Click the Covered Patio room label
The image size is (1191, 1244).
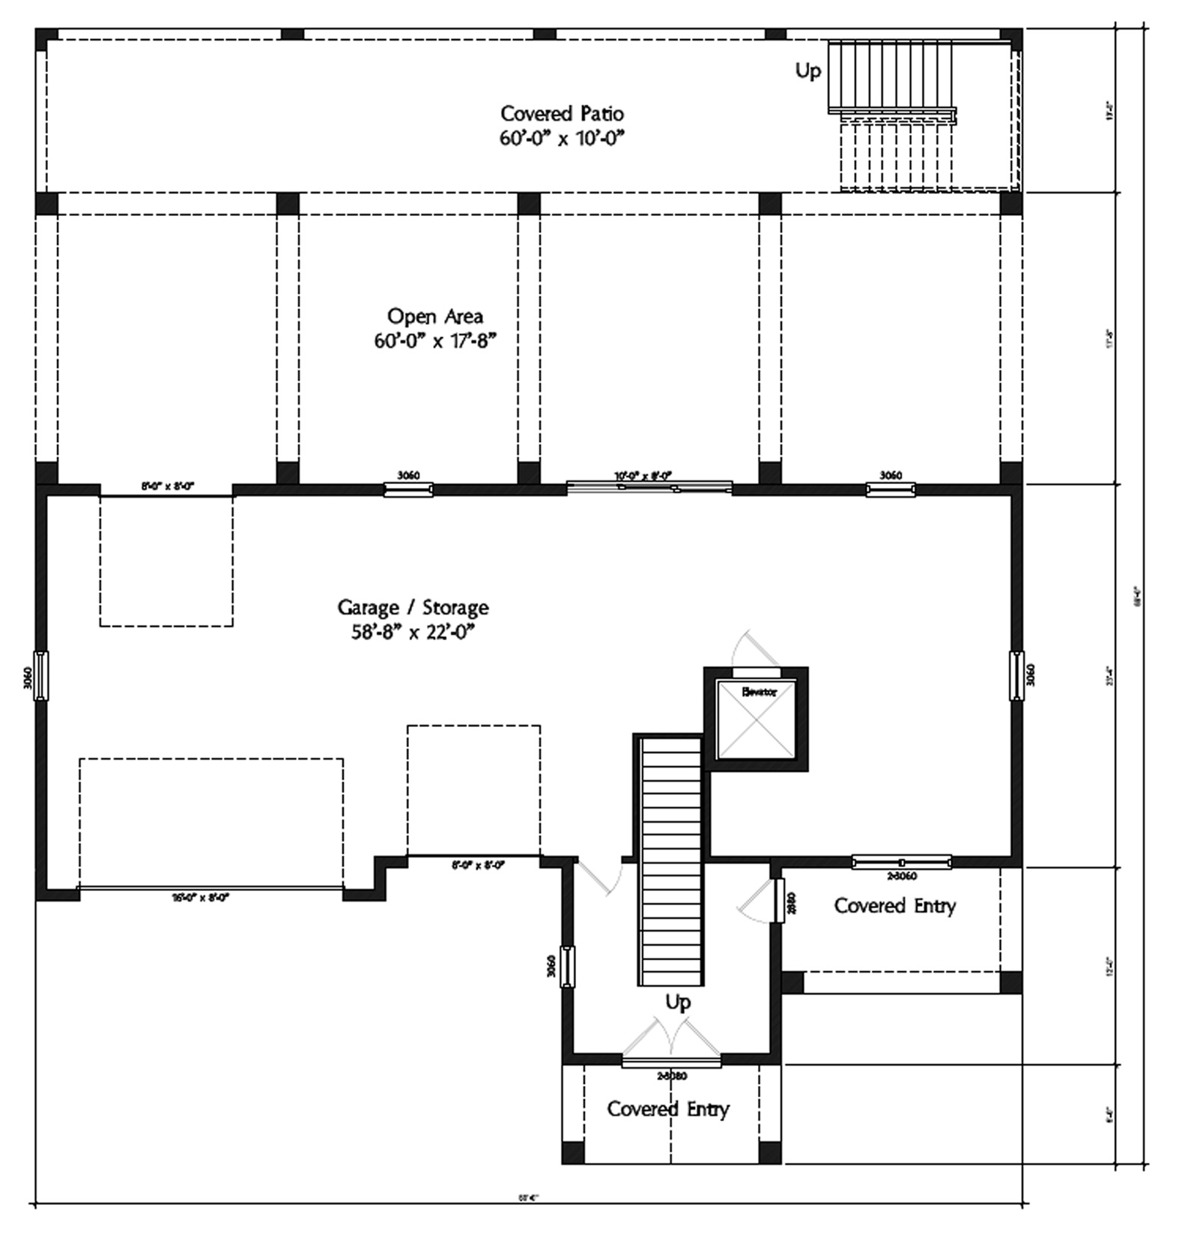click(562, 114)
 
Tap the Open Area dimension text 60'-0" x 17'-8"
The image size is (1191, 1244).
click(435, 342)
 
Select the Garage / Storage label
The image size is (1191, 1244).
click(413, 607)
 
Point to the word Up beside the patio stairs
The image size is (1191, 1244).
click(807, 71)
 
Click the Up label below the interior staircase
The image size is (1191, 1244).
click(677, 1002)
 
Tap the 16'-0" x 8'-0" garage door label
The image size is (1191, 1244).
click(200, 897)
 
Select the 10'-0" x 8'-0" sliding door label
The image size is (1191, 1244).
click(643, 475)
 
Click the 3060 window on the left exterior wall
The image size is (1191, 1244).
click(41, 676)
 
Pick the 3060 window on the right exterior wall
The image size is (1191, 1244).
click(1016, 676)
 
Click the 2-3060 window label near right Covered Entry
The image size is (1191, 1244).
click(902, 875)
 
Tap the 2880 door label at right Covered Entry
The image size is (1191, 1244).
click(791, 902)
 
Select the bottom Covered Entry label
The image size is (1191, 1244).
click(667, 1109)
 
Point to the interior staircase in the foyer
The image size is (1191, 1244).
click(670, 862)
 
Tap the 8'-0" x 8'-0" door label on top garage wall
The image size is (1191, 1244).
click(167, 486)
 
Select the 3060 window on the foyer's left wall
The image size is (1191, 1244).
click(568, 967)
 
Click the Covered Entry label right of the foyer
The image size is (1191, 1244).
click(894, 906)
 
